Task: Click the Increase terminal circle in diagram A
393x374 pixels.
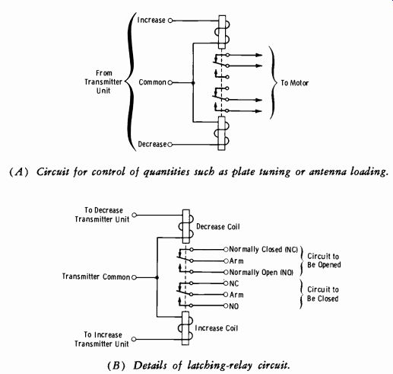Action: tap(170, 21)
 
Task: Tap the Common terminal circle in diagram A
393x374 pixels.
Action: tap(170, 82)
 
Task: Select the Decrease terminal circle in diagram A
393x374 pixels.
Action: tap(170, 145)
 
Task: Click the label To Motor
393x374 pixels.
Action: tap(295, 83)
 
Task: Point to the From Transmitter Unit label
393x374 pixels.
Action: tap(103, 82)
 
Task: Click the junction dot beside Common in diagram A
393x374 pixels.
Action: tap(193, 83)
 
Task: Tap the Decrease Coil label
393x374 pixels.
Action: tap(218, 226)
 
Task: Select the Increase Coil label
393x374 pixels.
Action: tap(217, 328)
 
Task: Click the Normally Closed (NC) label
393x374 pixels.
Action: tap(263, 249)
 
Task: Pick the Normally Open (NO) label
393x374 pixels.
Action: tap(261, 272)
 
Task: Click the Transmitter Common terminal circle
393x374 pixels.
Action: tap(135, 277)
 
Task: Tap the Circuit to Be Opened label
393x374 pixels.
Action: tap(324, 261)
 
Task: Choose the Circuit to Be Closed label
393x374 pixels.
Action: tap(323, 294)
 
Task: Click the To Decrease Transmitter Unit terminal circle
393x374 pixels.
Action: tap(135, 215)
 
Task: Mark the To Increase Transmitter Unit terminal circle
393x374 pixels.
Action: tap(134, 339)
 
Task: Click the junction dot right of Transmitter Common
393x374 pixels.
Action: tap(157, 277)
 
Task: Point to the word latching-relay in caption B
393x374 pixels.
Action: tap(220, 366)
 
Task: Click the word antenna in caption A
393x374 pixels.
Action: tap(325, 172)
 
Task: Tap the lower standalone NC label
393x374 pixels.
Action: tap(234, 283)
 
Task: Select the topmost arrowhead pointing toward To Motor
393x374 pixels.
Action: tap(258, 55)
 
